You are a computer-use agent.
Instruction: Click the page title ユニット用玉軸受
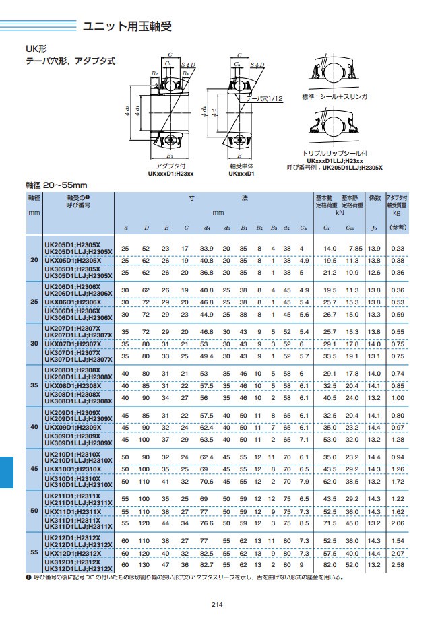tap(127, 27)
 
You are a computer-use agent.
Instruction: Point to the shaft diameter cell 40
tap(34, 427)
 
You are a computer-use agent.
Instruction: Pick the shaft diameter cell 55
tap(34, 552)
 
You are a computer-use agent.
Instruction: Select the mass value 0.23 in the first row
tap(398, 249)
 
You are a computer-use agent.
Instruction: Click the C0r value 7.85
tap(355, 249)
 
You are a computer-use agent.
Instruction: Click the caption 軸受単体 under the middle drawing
tap(241, 165)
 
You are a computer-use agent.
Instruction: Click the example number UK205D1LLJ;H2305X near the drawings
tap(361, 168)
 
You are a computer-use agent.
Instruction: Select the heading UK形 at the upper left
tap(36, 49)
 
